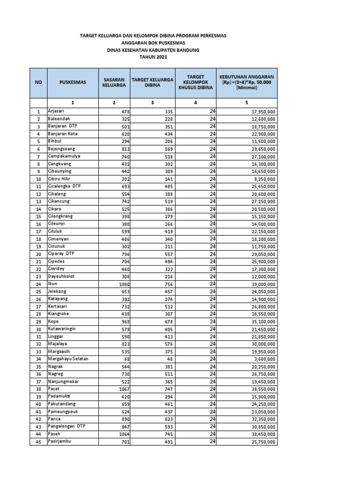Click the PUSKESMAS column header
coord(73,82)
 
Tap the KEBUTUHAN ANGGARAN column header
coord(247,82)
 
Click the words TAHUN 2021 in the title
coord(153,57)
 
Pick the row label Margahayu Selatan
coord(68,359)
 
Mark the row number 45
coord(38,442)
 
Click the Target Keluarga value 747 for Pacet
coord(161,389)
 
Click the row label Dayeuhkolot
coord(61,276)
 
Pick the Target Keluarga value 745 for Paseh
coord(161,434)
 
